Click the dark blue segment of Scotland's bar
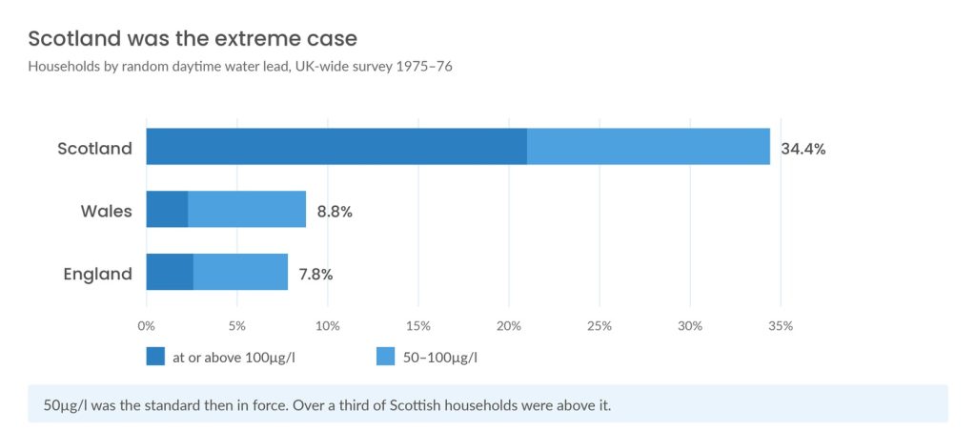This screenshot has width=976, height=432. pos(336,146)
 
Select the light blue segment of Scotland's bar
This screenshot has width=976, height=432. pos(648,146)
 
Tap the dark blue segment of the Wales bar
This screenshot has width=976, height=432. pos(167,209)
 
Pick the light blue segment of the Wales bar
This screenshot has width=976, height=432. pos(247,209)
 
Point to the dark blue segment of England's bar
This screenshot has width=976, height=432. pos(170,272)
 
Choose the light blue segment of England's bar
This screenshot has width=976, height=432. pos(241,272)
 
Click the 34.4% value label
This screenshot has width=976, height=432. pos(803,150)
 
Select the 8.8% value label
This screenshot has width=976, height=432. pos(335,213)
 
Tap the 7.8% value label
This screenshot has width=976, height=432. pos(316,275)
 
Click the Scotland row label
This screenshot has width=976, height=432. pos(94,149)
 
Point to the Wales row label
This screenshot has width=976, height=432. pos(107,212)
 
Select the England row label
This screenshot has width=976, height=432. pos(98,275)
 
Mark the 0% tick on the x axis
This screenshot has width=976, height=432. pos(146,326)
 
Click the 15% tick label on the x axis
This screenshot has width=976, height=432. pos(418,326)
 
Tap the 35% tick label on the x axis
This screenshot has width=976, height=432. pos(782,326)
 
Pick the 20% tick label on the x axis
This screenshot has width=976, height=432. pos(509,326)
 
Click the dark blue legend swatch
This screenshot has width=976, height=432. pos(155,357)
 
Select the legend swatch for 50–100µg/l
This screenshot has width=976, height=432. pos(386,357)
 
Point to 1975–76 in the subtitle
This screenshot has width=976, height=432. pos(424,67)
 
